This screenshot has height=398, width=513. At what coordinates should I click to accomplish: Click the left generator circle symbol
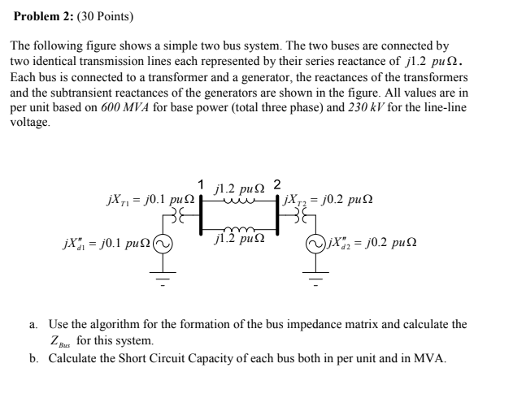point(164,243)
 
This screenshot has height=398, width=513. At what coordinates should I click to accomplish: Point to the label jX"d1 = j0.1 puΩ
point(107,243)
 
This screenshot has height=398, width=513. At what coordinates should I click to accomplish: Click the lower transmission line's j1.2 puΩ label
point(237,239)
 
